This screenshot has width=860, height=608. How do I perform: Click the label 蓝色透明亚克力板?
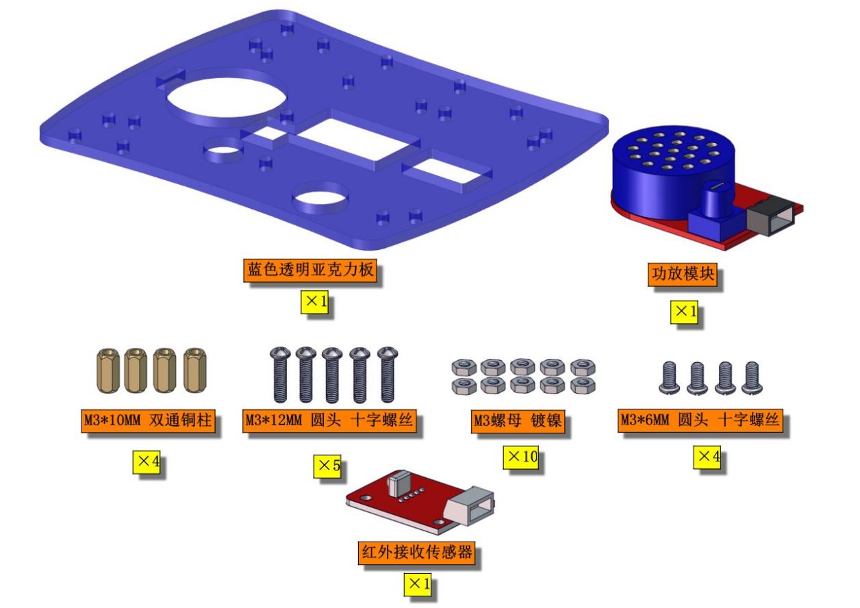pyautogui.click(x=309, y=270)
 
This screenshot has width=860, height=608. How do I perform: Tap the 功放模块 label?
pyautogui.click(x=682, y=274)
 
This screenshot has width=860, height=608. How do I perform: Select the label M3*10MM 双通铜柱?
pyautogui.click(x=148, y=420)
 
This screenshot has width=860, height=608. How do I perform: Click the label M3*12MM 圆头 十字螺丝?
pyautogui.click(x=329, y=420)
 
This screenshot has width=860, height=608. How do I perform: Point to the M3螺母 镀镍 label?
pyautogui.click(x=518, y=422)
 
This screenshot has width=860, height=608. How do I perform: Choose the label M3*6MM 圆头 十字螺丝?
pyautogui.click(x=700, y=420)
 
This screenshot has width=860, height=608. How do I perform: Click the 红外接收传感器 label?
pyautogui.click(x=416, y=553)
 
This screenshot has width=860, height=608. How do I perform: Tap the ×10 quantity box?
pyautogui.click(x=520, y=457)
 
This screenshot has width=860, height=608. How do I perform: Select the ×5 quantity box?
pyautogui.click(x=327, y=466)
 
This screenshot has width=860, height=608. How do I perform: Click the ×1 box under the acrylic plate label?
pyautogui.click(x=314, y=302)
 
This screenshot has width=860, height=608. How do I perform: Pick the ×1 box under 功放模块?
pyautogui.click(x=684, y=312)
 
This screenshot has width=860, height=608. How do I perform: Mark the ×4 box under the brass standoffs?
pyautogui.click(x=147, y=462)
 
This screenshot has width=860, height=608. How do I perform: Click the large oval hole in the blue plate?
pyautogui.click(x=227, y=99)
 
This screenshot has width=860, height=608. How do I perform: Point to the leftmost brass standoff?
pyautogui.click(x=108, y=370)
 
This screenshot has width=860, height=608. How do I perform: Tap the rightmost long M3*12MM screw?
pyautogui.click(x=388, y=375)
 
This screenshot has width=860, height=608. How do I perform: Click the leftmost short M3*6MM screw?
pyautogui.click(x=669, y=378)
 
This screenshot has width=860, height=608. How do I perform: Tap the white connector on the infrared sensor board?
pyautogui.click(x=470, y=505)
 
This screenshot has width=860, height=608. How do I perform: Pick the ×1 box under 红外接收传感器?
pyautogui.click(x=418, y=585)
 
